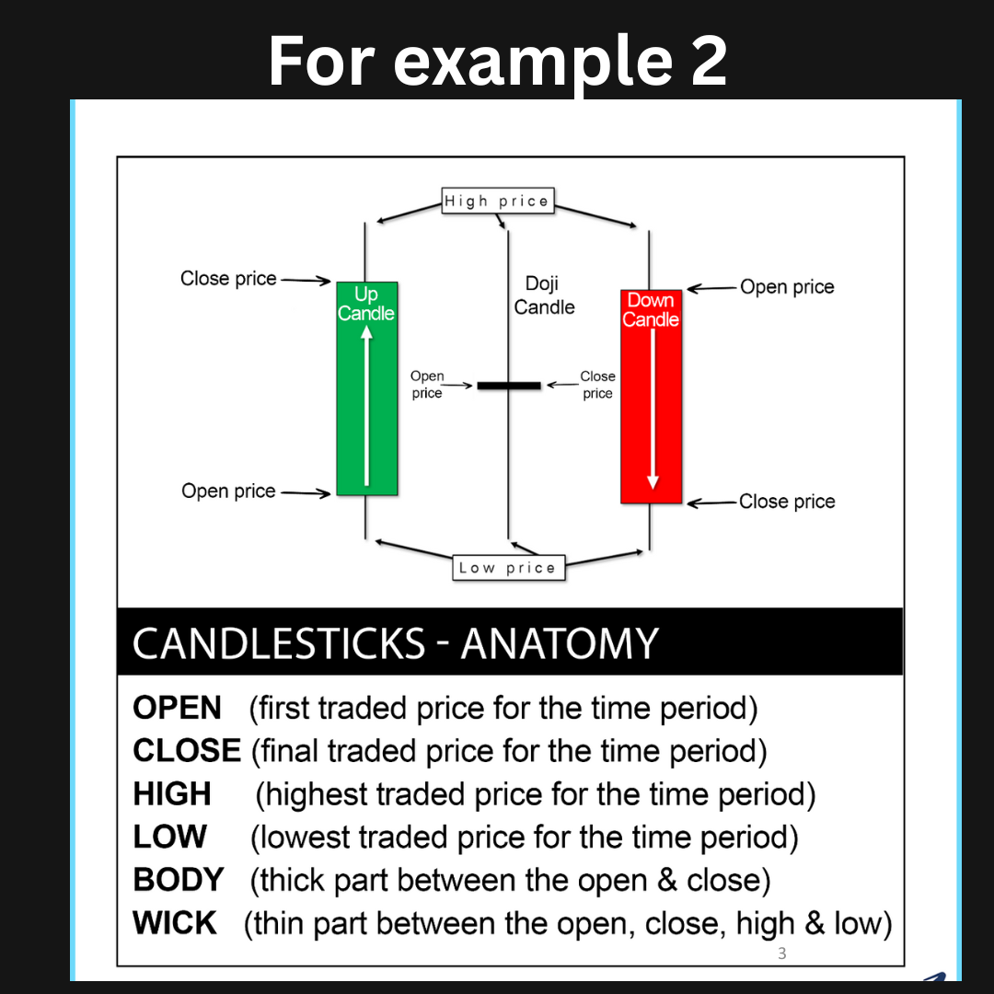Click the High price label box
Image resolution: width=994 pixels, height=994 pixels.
pyautogui.click(x=498, y=201)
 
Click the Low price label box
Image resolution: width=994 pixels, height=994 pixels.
pyautogui.click(x=508, y=567)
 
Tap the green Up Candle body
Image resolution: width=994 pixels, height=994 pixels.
pyautogui.click(x=367, y=388)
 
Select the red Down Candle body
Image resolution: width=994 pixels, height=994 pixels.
pyautogui.click(x=651, y=397)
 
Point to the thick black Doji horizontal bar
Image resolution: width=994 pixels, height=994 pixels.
pyautogui.click(x=509, y=386)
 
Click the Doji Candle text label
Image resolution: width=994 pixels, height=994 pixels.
pyautogui.click(x=544, y=295)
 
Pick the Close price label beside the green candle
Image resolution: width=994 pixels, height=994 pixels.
pyautogui.click(x=228, y=278)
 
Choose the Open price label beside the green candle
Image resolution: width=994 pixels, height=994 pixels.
pyautogui.click(x=228, y=491)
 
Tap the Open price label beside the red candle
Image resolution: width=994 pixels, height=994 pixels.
pyautogui.click(x=787, y=286)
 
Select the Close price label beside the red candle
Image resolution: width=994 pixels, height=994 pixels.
pyautogui.click(x=787, y=502)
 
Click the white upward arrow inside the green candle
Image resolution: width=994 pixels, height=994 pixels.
pyautogui.click(x=366, y=406)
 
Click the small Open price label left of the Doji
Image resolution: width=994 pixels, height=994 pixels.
pyautogui.click(x=427, y=384)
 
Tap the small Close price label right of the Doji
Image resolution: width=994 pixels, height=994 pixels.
pyautogui.click(x=597, y=384)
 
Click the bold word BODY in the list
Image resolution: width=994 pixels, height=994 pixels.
pyautogui.click(x=179, y=880)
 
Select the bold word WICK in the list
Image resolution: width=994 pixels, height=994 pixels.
pyautogui.click(x=174, y=923)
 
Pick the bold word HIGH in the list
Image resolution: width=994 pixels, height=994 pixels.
pyautogui.click(x=172, y=793)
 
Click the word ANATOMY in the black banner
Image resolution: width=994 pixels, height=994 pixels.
pyautogui.click(x=560, y=643)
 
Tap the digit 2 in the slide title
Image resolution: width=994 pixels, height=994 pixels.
pyautogui.click(x=709, y=61)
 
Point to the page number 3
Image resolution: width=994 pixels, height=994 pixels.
pyautogui.click(x=782, y=953)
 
